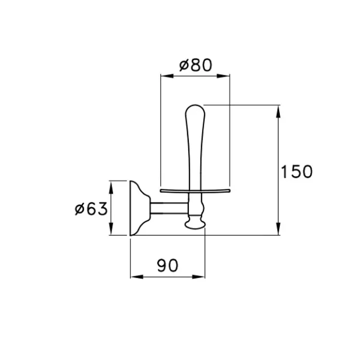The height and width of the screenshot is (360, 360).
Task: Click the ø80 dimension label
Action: click(x=195, y=65)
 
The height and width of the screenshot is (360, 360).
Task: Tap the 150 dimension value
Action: click(x=297, y=171)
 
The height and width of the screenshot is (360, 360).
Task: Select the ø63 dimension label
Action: click(x=92, y=209)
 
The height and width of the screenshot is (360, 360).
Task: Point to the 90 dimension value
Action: click(x=168, y=265)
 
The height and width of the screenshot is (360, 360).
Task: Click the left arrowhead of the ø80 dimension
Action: click(x=167, y=76)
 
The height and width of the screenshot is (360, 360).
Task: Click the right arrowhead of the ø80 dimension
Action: click(x=223, y=76)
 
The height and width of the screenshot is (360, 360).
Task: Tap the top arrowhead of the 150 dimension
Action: click(x=278, y=112)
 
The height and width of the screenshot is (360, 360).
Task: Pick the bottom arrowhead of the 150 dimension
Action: click(x=278, y=229)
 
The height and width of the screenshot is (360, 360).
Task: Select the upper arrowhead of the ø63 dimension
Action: click(x=111, y=187)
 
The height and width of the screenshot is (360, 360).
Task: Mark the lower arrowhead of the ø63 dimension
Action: click(x=111, y=229)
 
